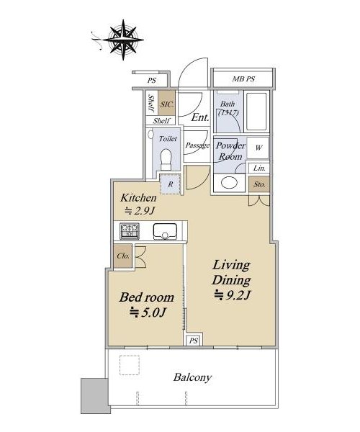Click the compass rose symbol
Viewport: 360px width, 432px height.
coord(123,40)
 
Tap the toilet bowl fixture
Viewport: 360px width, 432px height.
coord(166,159)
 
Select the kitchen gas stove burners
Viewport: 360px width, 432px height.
coord(130,231)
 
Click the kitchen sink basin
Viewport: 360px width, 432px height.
coord(165,231)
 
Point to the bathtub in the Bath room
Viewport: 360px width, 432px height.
coord(256,112)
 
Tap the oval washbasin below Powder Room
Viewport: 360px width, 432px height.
coord(229,183)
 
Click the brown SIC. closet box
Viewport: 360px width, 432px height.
coord(166,103)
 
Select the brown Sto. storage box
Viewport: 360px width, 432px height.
coord(259,184)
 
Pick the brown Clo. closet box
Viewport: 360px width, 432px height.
coord(123,256)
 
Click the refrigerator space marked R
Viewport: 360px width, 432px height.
coord(171,184)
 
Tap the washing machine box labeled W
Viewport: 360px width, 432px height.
coord(258,148)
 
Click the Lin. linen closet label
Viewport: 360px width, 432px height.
coord(259,168)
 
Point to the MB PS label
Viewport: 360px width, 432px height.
coord(243,79)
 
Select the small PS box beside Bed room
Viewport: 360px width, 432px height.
coord(194,341)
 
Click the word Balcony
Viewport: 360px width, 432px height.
coord(192,377)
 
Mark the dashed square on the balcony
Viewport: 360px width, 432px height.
coord(130,365)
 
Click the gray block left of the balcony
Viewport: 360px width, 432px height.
coord(94,395)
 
